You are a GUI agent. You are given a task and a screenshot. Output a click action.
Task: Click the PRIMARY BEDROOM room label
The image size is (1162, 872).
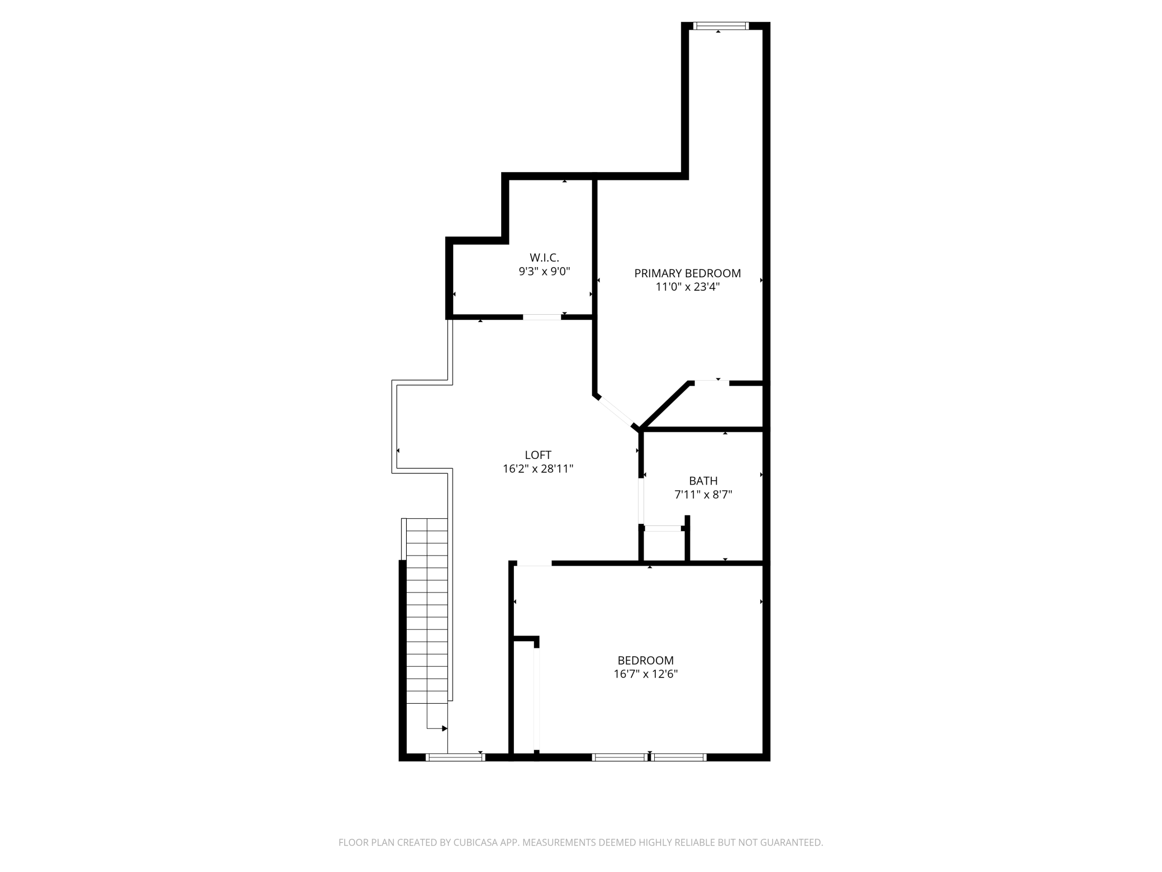point(687,273)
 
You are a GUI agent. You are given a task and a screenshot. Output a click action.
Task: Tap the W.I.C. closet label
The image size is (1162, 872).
point(544,258)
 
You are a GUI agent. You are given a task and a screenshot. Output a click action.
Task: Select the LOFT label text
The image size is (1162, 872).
point(538,455)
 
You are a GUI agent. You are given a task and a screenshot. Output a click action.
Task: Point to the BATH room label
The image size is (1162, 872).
point(703,481)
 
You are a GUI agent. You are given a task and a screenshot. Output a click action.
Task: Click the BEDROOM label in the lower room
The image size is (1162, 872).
point(646,660)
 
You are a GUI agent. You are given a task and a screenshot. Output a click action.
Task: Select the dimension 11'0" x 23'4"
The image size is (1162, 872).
point(688,287)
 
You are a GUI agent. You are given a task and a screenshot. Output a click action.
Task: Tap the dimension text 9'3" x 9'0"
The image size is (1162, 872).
point(544,272)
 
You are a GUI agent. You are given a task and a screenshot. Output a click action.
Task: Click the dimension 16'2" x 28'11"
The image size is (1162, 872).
point(538,469)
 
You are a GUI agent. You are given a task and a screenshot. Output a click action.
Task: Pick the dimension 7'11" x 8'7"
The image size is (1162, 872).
point(703,495)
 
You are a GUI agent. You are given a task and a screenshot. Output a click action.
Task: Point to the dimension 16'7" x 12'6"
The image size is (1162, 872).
point(646,674)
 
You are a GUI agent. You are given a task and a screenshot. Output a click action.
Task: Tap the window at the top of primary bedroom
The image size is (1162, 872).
point(721,26)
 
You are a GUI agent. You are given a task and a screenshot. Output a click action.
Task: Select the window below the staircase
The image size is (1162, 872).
point(455,757)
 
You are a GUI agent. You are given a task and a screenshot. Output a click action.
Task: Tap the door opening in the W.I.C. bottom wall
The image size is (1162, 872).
point(542,317)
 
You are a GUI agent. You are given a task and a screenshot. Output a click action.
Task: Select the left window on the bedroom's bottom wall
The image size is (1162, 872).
point(620,757)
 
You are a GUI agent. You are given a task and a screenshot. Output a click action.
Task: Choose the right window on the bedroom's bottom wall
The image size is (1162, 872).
point(679,757)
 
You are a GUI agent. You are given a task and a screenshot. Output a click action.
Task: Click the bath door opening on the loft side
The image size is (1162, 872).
point(641,501)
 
